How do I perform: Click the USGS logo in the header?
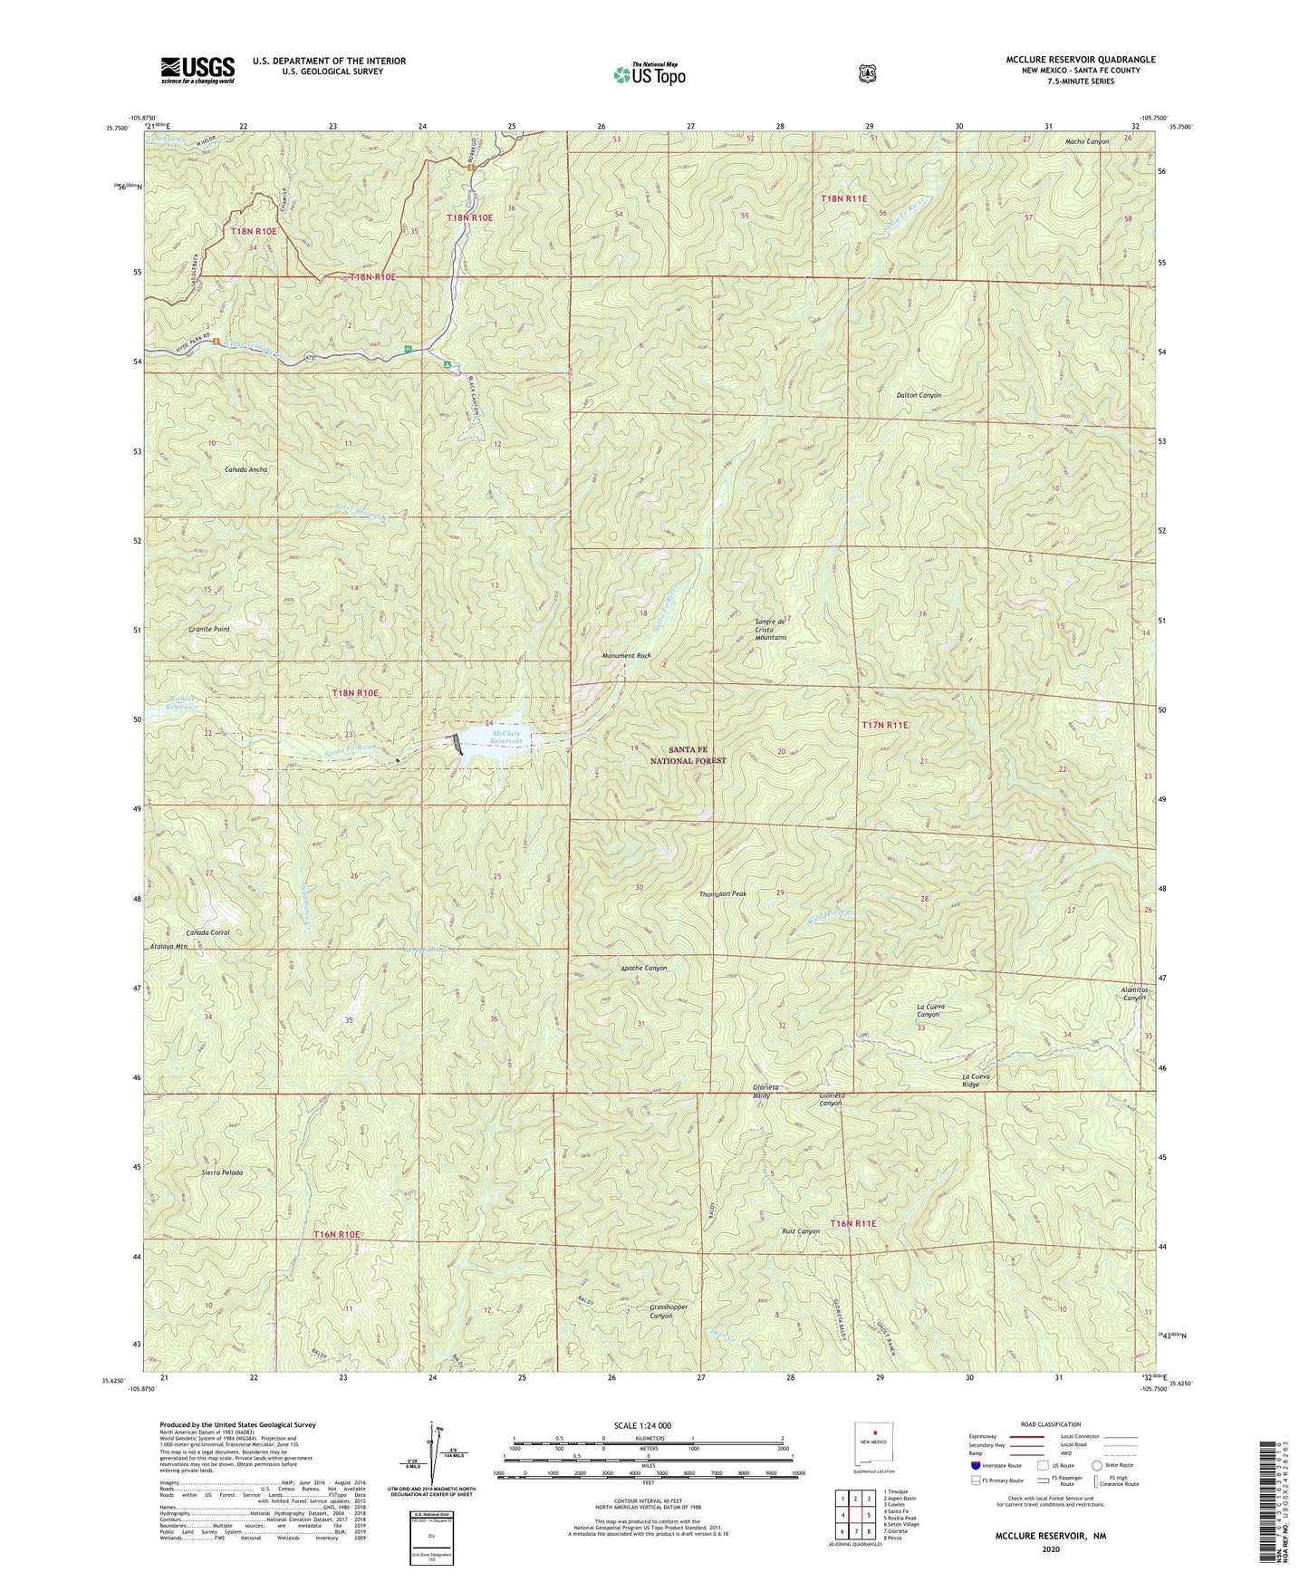pyautogui.click(x=197, y=69)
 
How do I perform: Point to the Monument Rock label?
pyautogui.click(x=626, y=655)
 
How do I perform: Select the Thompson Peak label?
pyautogui.click(x=722, y=894)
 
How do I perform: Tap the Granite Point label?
pyautogui.click(x=208, y=629)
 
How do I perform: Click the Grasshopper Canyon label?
pyautogui.click(x=648, y=1310)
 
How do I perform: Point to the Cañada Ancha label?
pyautogui.click(x=221, y=470)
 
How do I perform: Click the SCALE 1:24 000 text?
pyautogui.click(x=646, y=1426)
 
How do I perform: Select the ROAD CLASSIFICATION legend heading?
pyautogui.click(x=1051, y=1425)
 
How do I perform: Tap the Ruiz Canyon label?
pyautogui.click(x=800, y=1231)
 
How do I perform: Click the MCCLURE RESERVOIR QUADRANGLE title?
pyautogui.click(x=1081, y=59)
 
